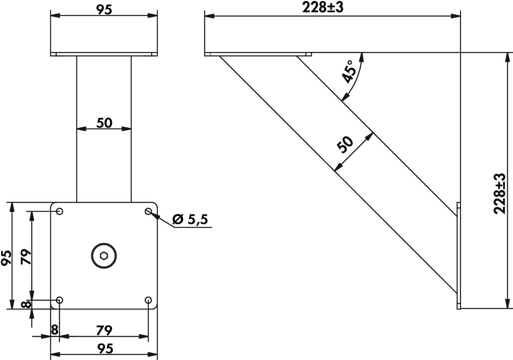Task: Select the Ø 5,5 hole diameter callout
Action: [x=190, y=219]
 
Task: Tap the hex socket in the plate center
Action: [x=104, y=256]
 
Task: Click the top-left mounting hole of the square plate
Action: [x=60, y=211]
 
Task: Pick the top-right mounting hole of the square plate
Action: [x=148, y=211]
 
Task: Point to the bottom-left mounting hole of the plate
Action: [x=60, y=300]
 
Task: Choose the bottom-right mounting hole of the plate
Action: [x=148, y=300]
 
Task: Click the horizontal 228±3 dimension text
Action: [x=323, y=8]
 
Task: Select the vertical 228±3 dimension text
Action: [x=499, y=194]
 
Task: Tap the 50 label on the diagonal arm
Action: [x=345, y=145]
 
